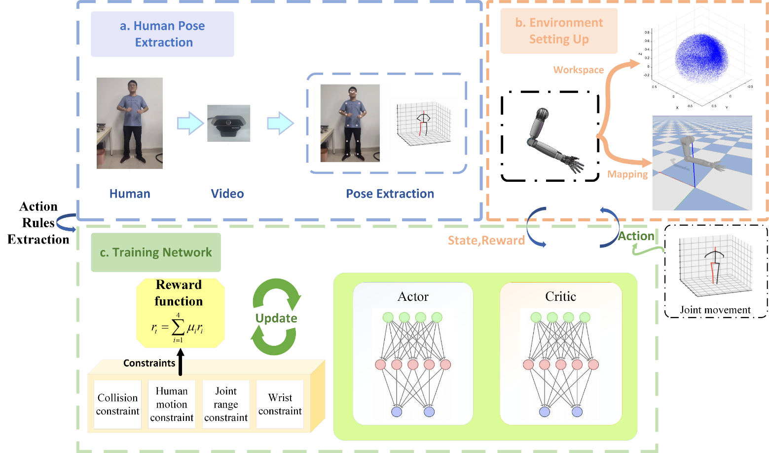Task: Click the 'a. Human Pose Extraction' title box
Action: click(162, 34)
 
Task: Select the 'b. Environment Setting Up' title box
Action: click(559, 31)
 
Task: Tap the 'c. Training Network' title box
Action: click(156, 252)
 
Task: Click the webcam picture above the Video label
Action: click(228, 124)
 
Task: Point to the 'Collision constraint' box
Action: click(117, 404)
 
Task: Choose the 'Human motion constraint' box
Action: click(172, 404)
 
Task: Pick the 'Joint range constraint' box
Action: click(226, 404)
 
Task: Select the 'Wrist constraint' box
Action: click(280, 404)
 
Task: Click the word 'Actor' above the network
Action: click(413, 296)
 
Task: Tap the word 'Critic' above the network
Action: click(560, 296)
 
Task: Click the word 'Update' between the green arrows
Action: click(276, 318)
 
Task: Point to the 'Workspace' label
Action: click(578, 70)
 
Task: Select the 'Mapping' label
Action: click(627, 174)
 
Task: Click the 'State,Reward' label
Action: click(486, 241)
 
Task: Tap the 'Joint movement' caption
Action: click(715, 310)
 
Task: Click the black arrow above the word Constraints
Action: click(181, 361)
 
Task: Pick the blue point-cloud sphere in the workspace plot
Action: click(701, 57)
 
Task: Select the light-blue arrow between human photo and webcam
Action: click(190, 123)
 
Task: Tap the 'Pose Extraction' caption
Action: click(390, 194)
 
